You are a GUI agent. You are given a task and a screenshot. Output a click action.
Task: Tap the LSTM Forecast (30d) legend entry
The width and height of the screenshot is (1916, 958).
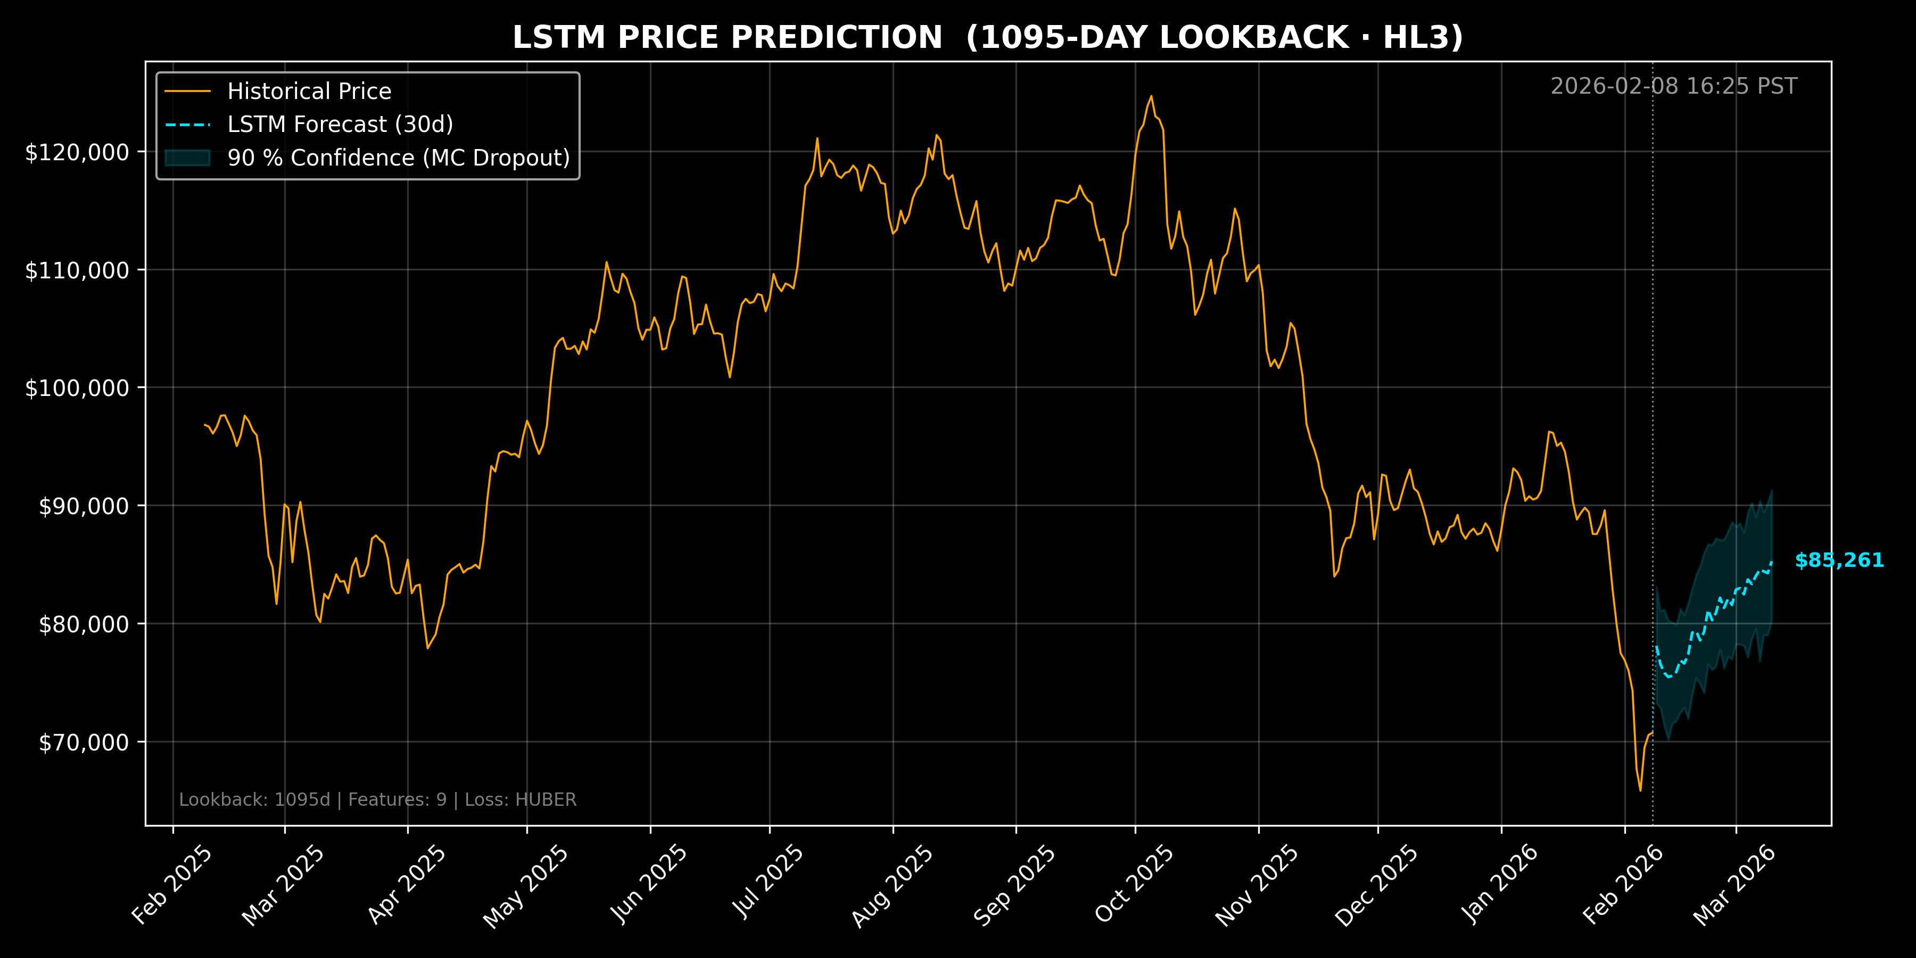click(340, 124)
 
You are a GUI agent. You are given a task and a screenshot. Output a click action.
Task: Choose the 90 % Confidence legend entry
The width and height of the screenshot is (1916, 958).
click(398, 158)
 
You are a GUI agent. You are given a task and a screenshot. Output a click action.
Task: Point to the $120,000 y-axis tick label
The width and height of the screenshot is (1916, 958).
click(77, 152)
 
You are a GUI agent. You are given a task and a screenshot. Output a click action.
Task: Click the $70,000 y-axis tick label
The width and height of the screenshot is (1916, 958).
click(84, 742)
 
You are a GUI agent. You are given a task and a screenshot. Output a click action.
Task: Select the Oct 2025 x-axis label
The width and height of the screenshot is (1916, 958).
click(1134, 885)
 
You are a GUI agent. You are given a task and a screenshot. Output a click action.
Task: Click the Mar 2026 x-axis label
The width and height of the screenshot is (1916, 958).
click(1735, 885)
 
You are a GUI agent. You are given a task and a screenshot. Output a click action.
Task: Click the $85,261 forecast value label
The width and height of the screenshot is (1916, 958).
click(1839, 560)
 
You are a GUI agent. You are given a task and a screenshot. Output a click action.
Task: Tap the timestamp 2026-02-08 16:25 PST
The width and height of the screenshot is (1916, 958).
click(1673, 86)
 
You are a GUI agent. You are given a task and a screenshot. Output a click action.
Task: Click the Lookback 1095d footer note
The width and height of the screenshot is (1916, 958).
click(378, 799)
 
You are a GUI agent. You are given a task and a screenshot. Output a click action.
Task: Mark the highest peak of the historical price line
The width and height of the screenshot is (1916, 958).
click(1151, 96)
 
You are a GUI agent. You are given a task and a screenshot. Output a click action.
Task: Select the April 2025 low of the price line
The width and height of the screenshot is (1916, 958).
click(428, 648)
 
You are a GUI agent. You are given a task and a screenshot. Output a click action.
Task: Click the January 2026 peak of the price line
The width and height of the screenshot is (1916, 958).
click(1549, 432)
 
